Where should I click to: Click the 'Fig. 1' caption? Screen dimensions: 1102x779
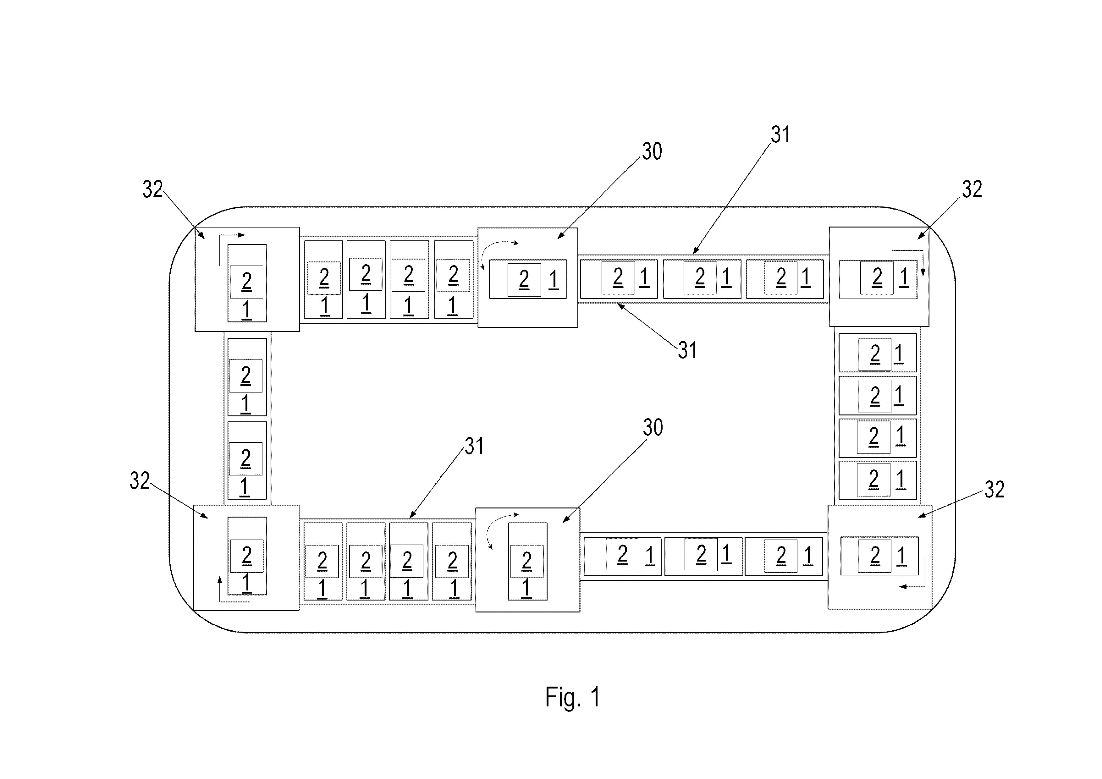click(x=573, y=697)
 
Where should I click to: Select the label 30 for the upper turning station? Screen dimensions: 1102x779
click(x=652, y=152)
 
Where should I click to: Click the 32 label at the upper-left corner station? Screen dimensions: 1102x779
click(x=153, y=189)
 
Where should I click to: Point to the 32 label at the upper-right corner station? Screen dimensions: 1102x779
click(x=972, y=189)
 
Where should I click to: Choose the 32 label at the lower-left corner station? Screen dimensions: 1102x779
click(x=140, y=480)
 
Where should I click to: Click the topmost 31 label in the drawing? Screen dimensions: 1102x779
click(x=780, y=135)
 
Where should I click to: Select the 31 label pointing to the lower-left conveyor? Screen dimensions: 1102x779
click(x=474, y=446)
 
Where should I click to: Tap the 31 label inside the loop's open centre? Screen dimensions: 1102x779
click(x=687, y=350)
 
